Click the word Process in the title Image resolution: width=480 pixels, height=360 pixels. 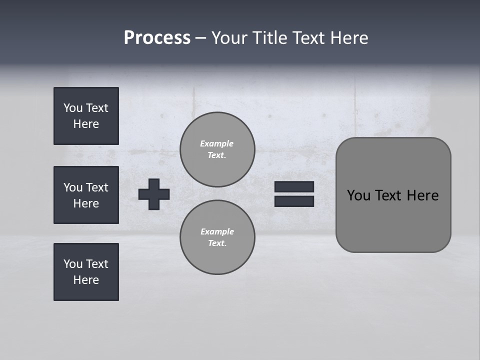pos(157,38)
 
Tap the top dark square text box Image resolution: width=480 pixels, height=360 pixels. pos(86,116)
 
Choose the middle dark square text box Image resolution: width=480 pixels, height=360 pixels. pos(86,195)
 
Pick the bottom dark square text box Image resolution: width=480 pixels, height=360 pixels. pos(86,272)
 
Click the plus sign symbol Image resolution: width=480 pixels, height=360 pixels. pos(154,194)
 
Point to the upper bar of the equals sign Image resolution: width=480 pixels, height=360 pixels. pos(294,186)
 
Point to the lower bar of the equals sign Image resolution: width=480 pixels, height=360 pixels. pos(294,201)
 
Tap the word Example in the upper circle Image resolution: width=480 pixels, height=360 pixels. pos(217,143)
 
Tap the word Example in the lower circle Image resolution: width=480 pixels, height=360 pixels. pos(217,231)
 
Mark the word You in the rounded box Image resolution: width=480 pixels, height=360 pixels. pos(358,195)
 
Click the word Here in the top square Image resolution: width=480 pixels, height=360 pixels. pos(86,124)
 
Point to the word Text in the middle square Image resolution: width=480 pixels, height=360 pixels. pos(96,187)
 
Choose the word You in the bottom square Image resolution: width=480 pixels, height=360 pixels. pos(73,264)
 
